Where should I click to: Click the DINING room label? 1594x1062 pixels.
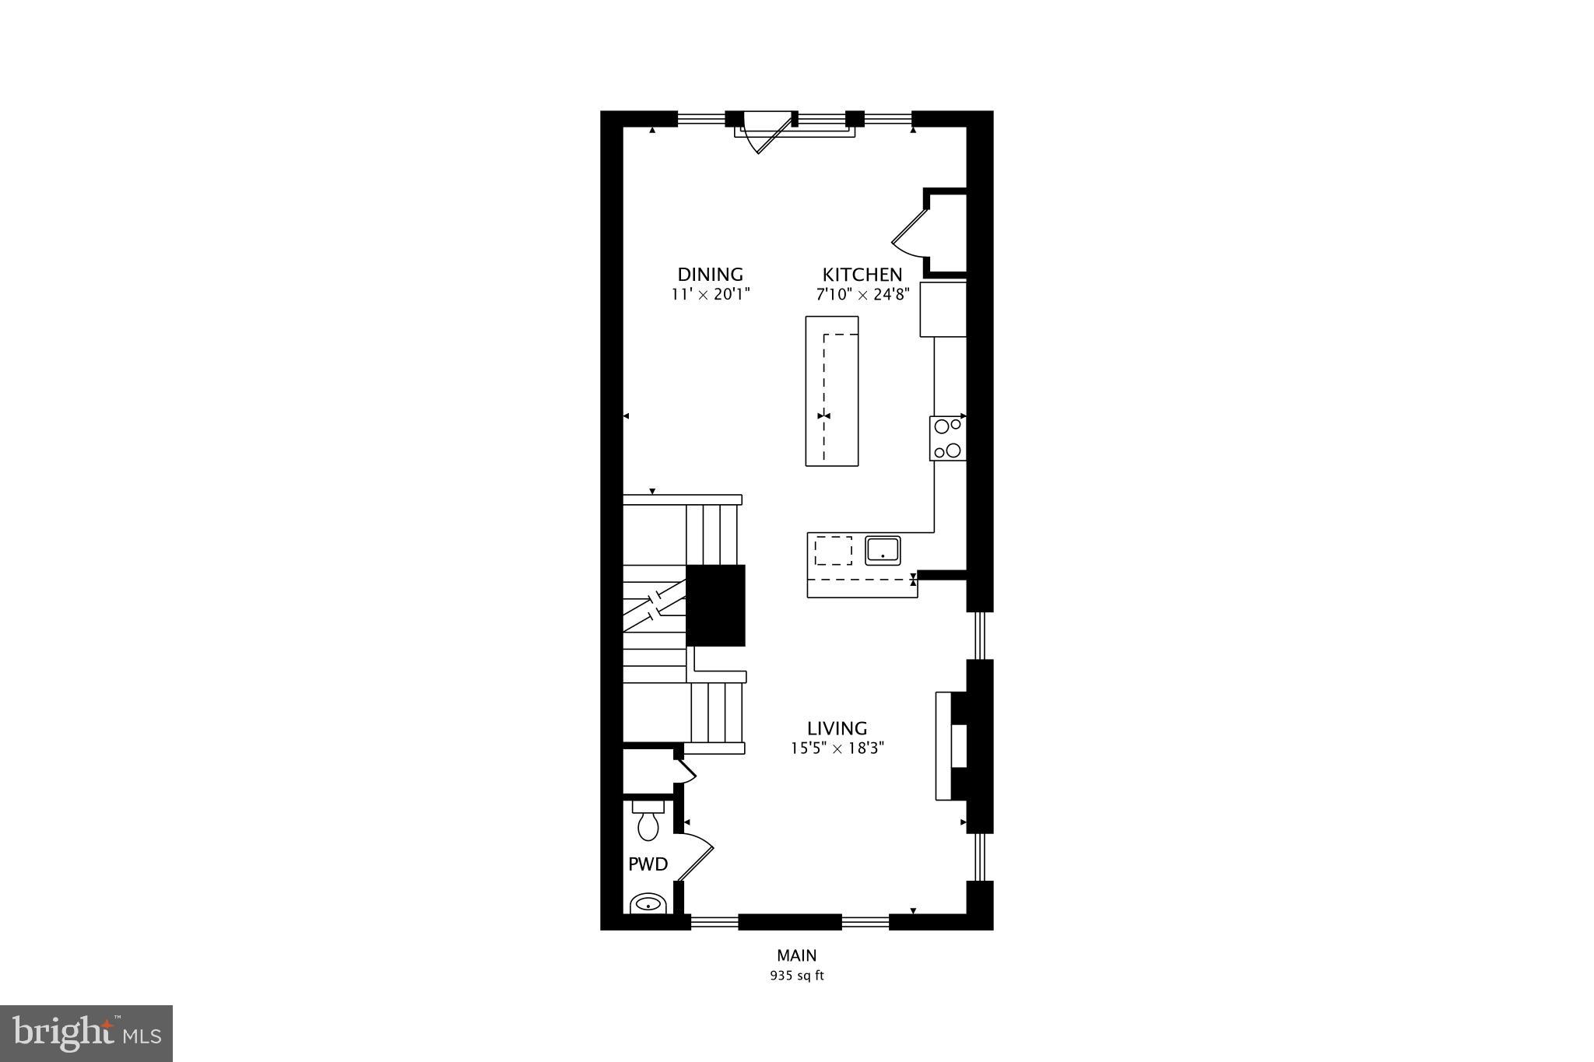(710, 275)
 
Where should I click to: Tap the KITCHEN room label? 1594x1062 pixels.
(862, 275)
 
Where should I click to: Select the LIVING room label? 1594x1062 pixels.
(837, 729)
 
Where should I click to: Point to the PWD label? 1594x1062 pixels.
(648, 864)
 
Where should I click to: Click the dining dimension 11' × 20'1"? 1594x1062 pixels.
(710, 295)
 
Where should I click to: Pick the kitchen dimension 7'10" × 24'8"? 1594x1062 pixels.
(862, 295)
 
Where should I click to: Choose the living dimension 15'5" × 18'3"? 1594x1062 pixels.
(837, 748)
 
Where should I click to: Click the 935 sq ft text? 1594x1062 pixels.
(796, 976)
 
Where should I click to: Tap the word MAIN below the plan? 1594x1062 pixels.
(796, 955)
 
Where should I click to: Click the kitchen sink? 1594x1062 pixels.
(883, 550)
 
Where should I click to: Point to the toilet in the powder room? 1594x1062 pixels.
(648, 822)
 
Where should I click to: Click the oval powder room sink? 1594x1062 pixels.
(648, 904)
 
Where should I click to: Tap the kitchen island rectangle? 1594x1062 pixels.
(832, 391)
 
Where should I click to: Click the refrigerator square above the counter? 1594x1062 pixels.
(943, 310)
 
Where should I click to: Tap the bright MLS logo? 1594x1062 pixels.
(86, 1033)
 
